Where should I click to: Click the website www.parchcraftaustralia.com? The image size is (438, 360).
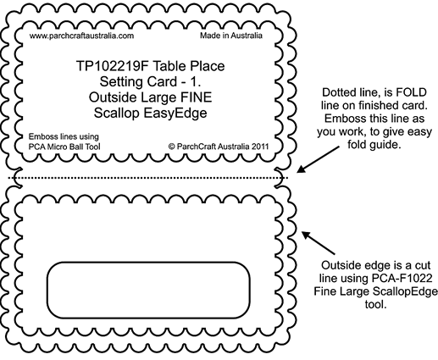[x=81, y=36]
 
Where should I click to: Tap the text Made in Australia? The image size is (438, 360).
[x=231, y=36]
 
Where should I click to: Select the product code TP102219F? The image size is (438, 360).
[x=113, y=66]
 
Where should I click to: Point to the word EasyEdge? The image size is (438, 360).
[x=175, y=114]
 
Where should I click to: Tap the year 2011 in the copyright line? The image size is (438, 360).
[x=260, y=147]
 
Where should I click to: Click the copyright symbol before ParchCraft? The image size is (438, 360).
[x=172, y=147]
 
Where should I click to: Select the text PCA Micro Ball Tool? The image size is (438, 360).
[x=64, y=147]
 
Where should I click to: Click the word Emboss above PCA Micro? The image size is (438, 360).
[x=41, y=136]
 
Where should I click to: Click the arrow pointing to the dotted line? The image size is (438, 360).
[x=318, y=159]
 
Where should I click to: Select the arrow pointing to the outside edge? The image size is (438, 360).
[x=319, y=243]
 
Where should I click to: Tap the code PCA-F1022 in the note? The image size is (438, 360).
[x=402, y=279]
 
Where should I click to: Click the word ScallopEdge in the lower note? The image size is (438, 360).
[x=405, y=291]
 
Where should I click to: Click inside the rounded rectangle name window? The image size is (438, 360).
[x=148, y=291]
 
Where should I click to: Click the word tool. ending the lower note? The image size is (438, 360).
[x=375, y=304]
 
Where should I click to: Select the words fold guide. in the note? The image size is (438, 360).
[x=374, y=145]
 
